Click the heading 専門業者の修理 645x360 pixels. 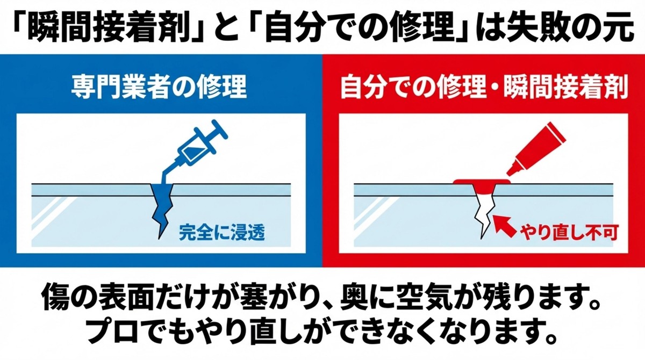tap(159, 88)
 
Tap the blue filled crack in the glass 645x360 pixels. tap(160, 207)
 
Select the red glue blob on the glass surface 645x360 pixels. tap(482, 184)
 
